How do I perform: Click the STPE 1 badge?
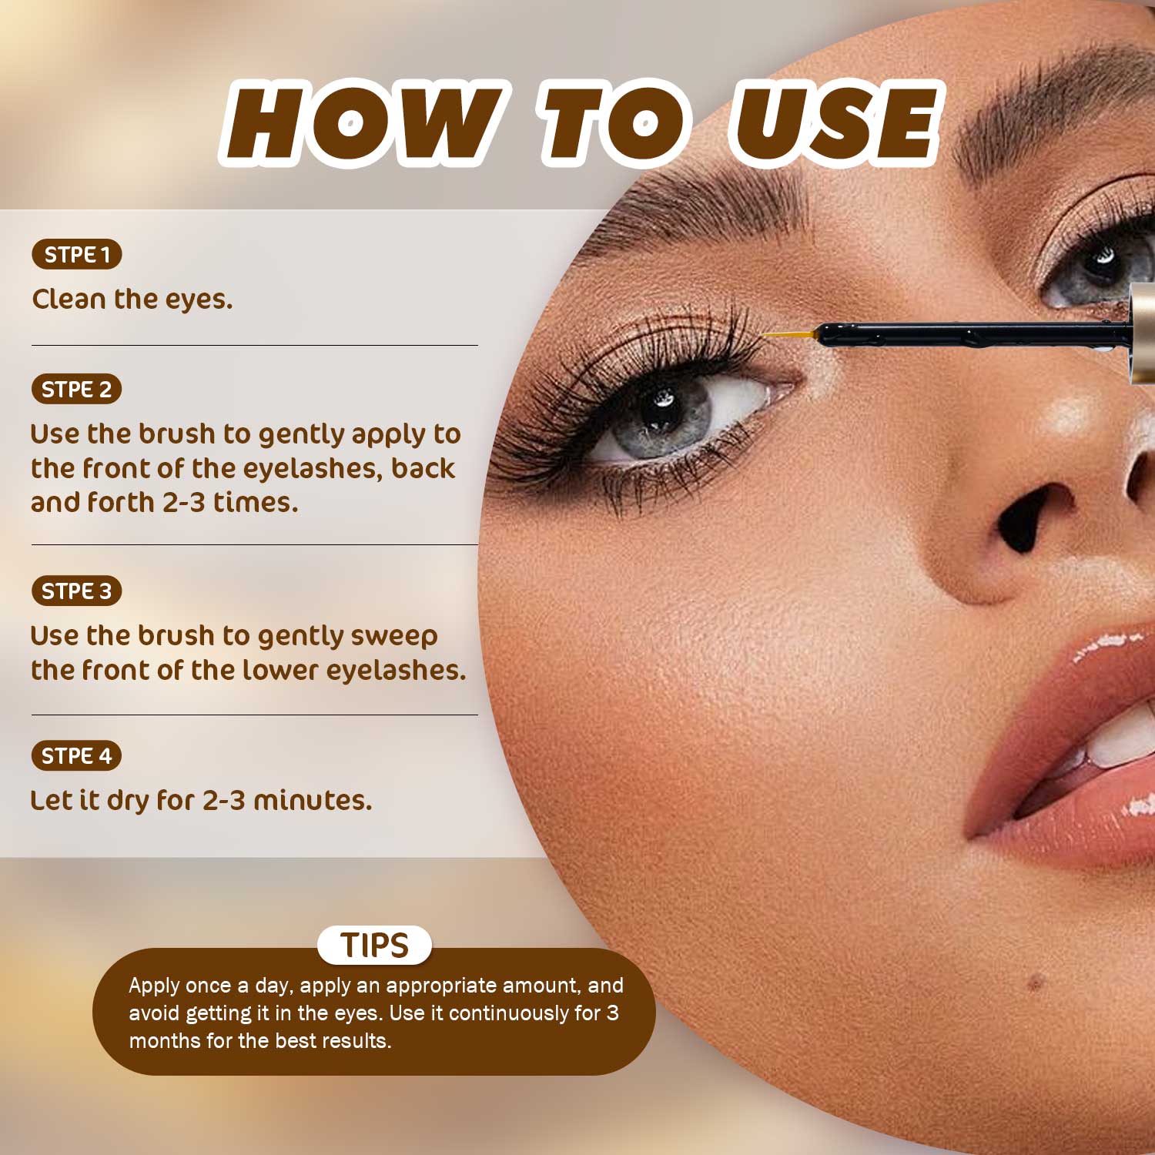pos(77,254)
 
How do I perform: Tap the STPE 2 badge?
pos(77,389)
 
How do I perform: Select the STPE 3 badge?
pos(77,591)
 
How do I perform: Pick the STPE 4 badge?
pos(77,755)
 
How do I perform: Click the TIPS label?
pos(375,945)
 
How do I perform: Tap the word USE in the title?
pos(835,123)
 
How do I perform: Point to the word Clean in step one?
pos(69,299)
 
